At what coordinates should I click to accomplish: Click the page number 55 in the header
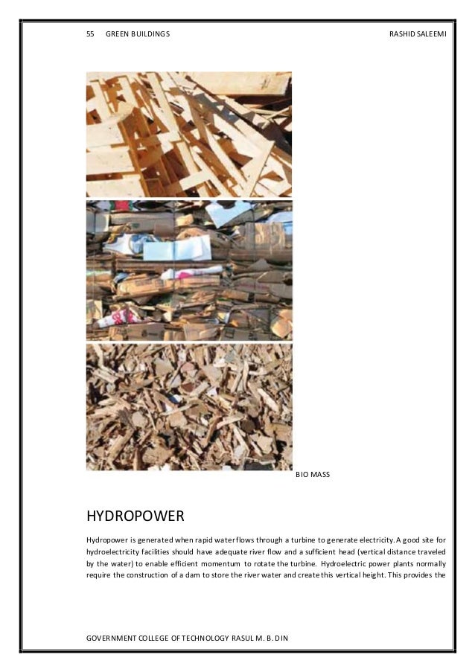pyautogui.click(x=91, y=34)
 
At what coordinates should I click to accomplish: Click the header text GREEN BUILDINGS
pyautogui.click(x=138, y=34)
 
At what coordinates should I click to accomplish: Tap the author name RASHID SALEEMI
pyautogui.click(x=417, y=34)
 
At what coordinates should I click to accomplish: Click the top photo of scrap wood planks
pyautogui.click(x=189, y=134)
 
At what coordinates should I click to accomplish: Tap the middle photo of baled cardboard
pyautogui.click(x=189, y=271)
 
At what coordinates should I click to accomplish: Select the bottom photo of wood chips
pyautogui.click(x=189, y=406)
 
